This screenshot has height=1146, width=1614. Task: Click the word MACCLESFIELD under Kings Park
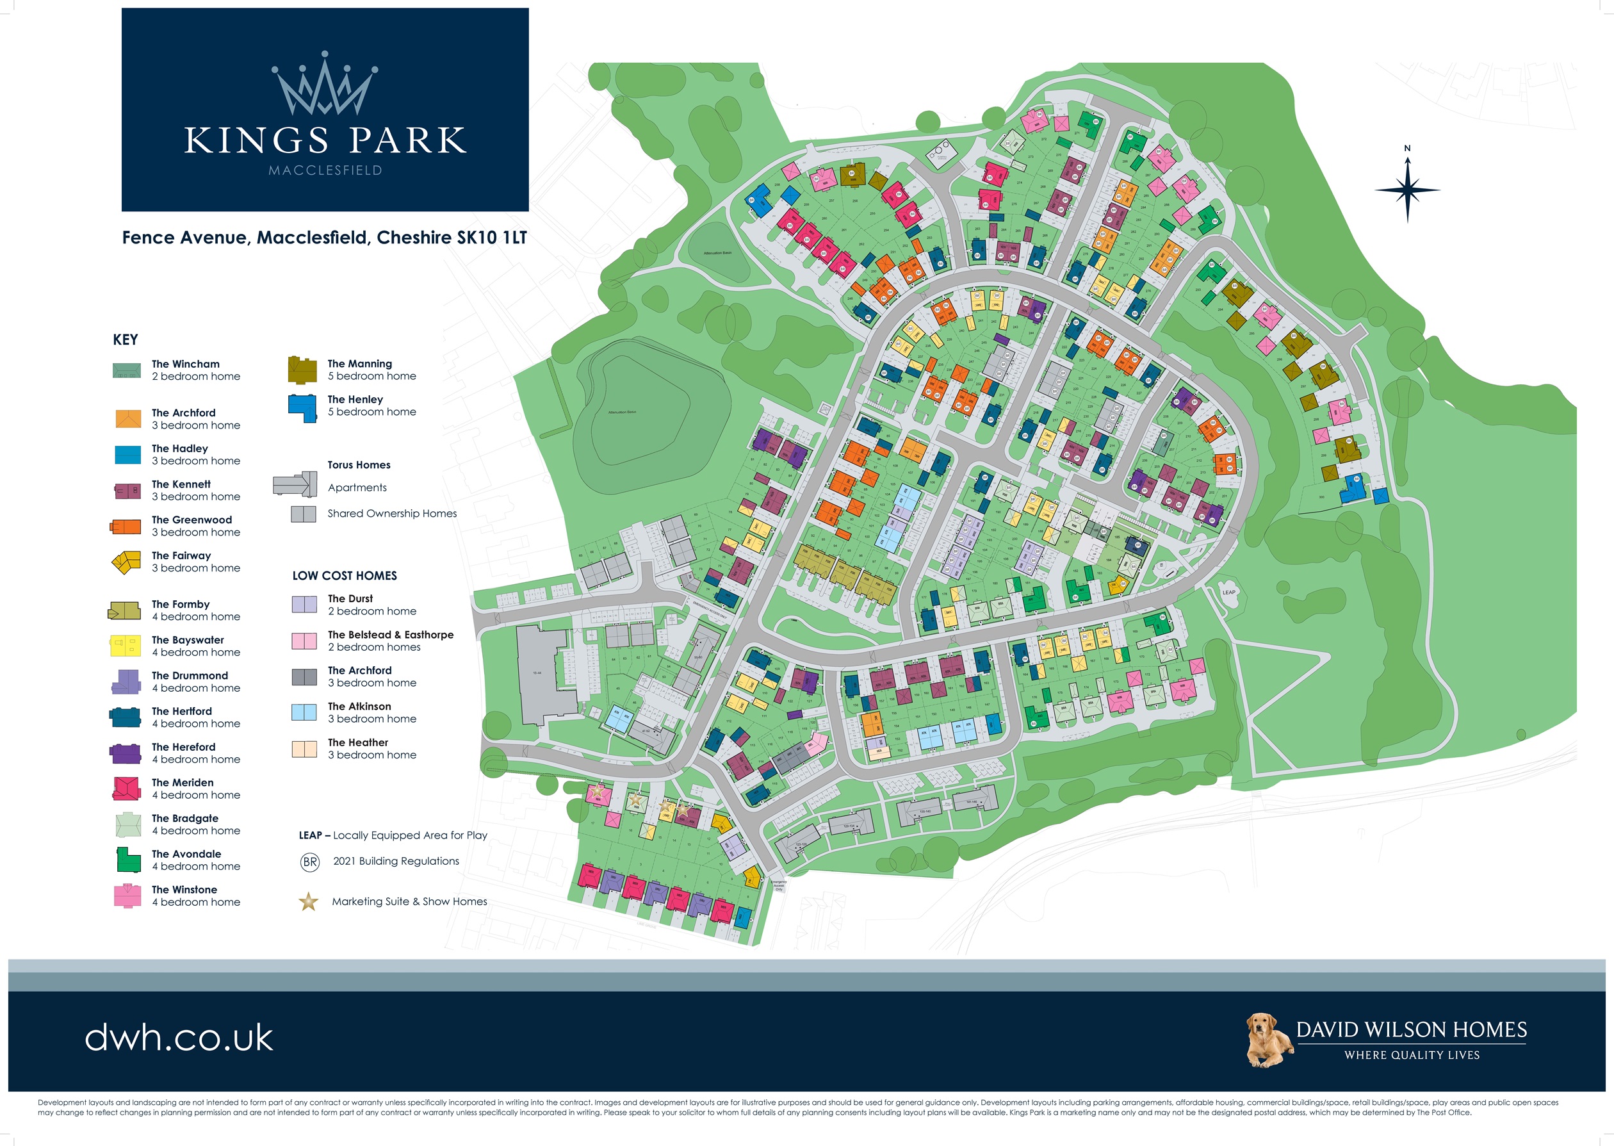coord(325,170)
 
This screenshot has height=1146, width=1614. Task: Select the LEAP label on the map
coord(1228,592)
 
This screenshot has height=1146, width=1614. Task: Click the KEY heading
coord(126,340)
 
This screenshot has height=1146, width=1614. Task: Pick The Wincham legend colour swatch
coord(127,370)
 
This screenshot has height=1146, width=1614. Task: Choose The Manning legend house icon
coord(302,370)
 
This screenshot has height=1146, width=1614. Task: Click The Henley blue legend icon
coord(302,407)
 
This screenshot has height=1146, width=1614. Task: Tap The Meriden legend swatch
coord(127,788)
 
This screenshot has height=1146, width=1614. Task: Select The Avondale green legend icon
coord(127,860)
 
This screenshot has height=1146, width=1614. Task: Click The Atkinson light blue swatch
coord(304,712)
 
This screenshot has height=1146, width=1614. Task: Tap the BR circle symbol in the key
coord(310,862)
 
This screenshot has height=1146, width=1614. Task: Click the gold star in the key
coord(308,902)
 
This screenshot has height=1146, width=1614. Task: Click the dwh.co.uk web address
coord(179,1038)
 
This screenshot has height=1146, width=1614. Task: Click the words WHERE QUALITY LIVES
coord(1412,1055)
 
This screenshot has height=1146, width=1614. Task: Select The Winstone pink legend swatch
coord(127,895)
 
